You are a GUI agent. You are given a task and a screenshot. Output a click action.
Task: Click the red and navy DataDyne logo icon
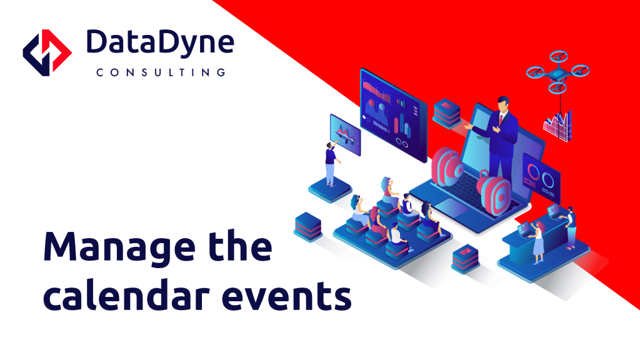47,52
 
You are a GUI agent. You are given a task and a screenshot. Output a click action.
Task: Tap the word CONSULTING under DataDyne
161,72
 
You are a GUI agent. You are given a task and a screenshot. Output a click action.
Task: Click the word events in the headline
286,296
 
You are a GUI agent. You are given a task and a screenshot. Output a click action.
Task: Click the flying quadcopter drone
557,72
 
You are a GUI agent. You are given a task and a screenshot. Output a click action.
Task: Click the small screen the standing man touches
345,135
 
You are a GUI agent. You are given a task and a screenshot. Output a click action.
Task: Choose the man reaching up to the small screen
331,164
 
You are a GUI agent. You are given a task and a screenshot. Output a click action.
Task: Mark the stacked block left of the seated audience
308,226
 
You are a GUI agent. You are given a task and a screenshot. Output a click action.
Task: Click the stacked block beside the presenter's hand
447,113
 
